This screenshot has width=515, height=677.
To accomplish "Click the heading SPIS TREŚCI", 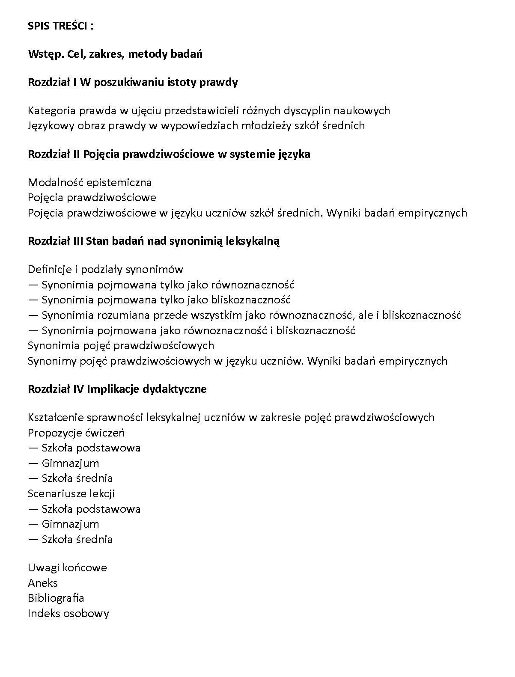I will coord(60,26).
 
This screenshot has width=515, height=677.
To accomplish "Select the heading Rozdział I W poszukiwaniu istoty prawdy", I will coord(133,82).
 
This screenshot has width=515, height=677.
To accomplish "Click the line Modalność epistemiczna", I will coord(89,183).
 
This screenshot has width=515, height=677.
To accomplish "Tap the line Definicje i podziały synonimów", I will coord(105,270).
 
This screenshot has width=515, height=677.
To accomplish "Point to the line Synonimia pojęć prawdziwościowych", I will coord(121,345).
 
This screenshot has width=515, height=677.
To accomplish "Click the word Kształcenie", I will coord(55,418).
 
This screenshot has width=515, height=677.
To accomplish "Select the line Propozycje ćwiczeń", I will coord(76,433).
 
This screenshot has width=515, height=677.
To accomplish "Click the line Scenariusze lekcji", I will coord(71,494).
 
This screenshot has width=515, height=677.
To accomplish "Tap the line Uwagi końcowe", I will coord(67,568).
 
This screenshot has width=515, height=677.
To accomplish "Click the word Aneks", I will coord(43,583).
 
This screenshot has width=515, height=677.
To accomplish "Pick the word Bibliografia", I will coord(56,598).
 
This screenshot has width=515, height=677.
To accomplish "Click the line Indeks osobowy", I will coord(68,614).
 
